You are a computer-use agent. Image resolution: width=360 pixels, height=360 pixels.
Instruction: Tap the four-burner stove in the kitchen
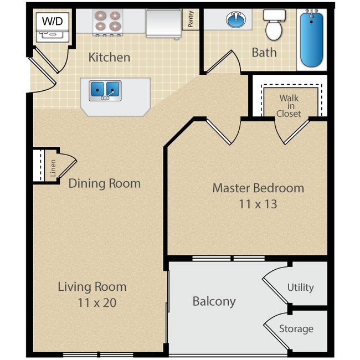(x=107, y=22)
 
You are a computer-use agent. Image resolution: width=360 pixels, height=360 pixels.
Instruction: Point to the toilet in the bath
(x=274, y=25)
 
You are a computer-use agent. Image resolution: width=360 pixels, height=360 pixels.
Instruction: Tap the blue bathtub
(x=311, y=38)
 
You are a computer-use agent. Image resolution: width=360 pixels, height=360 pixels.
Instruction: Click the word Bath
(x=264, y=53)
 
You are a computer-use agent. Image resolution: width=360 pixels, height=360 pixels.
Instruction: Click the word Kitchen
(x=109, y=57)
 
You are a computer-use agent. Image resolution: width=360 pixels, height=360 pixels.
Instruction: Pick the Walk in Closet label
(x=289, y=105)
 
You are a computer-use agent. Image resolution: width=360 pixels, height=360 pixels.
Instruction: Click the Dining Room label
(x=104, y=183)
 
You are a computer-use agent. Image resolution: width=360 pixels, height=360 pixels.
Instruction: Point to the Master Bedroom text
(x=258, y=188)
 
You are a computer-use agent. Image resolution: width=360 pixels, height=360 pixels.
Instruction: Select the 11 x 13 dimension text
(x=258, y=204)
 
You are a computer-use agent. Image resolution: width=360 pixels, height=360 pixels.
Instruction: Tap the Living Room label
(x=92, y=287)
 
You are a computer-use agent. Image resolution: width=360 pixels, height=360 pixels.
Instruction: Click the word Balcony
(x=214, y=301)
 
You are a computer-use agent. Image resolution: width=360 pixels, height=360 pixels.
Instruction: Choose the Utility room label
(x=300, y=287)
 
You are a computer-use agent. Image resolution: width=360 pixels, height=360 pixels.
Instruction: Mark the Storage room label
(x=296, y=329)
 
